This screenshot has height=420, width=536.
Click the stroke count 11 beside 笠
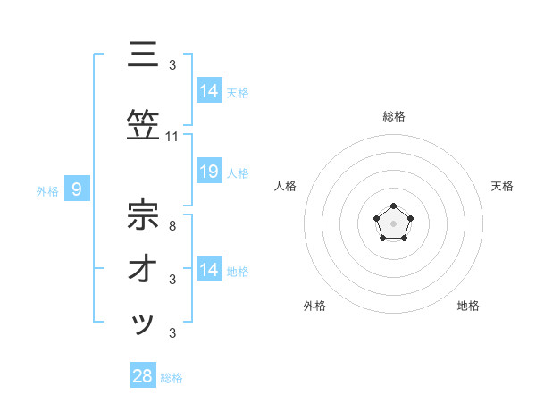coord(172,137)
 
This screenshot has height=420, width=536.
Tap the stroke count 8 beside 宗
coord(172,227)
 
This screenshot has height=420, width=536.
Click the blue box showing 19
coord(208,172)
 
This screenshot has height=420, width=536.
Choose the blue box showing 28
coord(143,376)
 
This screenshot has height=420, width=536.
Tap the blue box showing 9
coord(77,189)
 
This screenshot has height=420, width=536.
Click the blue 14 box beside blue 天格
coord(208,91)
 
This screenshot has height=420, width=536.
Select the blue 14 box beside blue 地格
coord(208,270)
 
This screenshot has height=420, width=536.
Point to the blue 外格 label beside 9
coord(47,190)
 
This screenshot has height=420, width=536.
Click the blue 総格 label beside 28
coord(172,378)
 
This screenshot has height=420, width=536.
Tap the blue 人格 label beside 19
coord(239,172)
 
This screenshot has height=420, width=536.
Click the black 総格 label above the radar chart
coord(393,117)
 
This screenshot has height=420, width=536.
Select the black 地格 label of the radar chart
coord(468,307)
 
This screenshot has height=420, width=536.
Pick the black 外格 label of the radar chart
coord(314,307)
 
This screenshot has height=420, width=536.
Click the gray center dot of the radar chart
coord(393,223)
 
